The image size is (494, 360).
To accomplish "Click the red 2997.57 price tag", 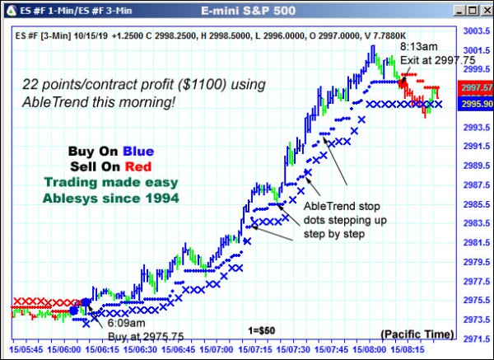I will click(477, 87).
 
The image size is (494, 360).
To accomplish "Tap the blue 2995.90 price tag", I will click(477, 105).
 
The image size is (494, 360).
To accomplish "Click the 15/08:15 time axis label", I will click(406, 349).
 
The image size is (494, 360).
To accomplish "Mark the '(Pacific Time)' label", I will click(417, 333).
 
